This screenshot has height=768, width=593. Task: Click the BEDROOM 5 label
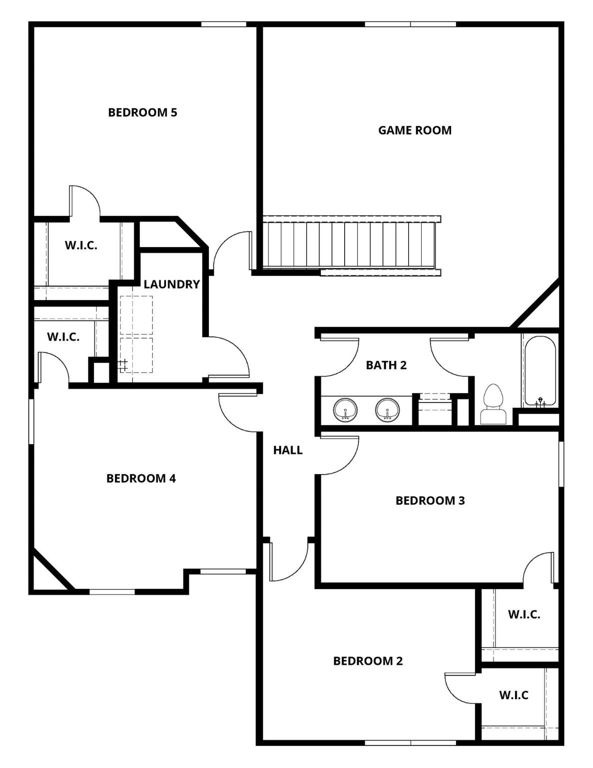[142, 112]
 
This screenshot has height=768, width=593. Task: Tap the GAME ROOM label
[415, 130]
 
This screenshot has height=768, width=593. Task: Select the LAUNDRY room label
[171, 284]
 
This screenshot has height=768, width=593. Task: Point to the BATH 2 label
[386, 365]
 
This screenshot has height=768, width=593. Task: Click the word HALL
[288, 450]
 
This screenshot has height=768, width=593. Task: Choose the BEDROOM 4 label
[141, 478]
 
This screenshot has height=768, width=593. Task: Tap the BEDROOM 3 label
[430, 500]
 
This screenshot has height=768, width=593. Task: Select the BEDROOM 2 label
[368, 660]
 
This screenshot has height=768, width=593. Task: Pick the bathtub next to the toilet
[540, 370]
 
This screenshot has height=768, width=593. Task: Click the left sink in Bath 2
[345, 410]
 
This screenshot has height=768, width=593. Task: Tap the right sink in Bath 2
[387, 410]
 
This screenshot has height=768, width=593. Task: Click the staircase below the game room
[350, 245]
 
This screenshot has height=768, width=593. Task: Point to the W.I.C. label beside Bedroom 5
[81, 245]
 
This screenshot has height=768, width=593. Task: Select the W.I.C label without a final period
[514, 694]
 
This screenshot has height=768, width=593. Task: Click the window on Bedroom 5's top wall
[224, 24]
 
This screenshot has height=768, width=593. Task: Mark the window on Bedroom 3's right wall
[561, 463]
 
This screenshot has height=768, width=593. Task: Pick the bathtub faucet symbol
[540, 401]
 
